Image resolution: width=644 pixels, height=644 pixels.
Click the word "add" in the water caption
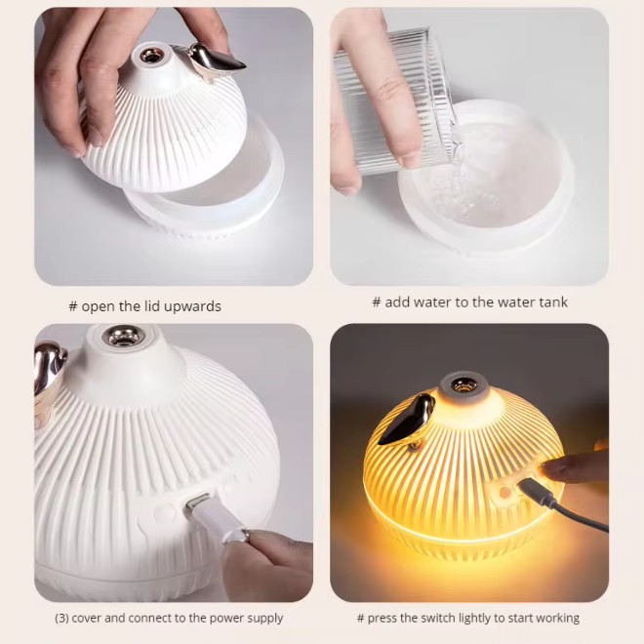(x=397, y=302)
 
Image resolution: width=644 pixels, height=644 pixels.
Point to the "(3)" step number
(x=61, y=618)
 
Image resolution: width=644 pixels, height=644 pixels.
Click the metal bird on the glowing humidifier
(x=406, y=420)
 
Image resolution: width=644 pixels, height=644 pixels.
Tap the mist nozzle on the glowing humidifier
(x=463, y=385)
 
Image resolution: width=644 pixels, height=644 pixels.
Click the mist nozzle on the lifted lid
(x=149, y=55)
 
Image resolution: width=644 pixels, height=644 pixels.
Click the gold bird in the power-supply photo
(x=49, y=370)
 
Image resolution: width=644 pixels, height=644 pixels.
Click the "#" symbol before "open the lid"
(x=73, y=306)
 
